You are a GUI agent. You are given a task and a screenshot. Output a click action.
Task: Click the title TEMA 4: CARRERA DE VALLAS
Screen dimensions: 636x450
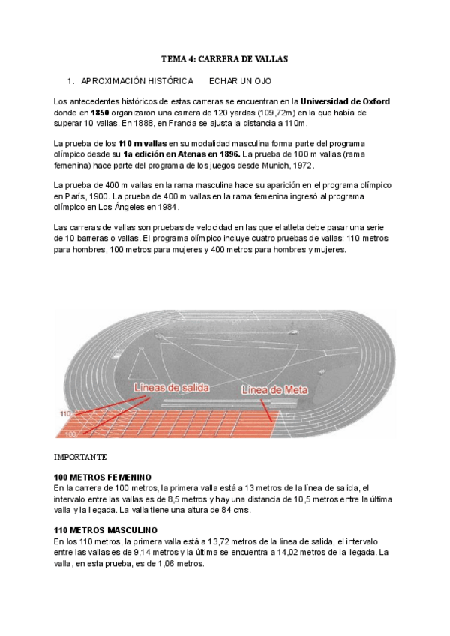225,58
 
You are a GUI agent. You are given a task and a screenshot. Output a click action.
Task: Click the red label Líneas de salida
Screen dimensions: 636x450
172,388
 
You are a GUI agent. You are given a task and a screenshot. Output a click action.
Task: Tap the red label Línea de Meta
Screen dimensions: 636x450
271,390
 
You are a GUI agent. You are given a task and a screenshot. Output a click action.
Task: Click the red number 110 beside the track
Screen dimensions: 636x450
65,413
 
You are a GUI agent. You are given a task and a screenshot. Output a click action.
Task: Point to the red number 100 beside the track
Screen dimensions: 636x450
70,434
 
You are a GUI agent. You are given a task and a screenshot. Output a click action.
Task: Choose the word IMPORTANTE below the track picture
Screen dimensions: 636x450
81,457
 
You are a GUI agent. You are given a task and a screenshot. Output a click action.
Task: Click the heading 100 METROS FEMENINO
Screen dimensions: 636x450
103,477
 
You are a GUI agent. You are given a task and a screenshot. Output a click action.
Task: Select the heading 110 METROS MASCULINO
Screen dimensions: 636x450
104,530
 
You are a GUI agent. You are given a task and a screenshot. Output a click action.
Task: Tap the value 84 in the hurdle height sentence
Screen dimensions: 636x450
220,509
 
